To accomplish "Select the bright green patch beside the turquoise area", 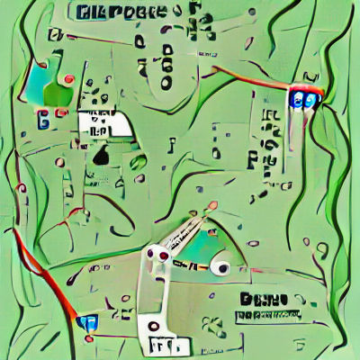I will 58,93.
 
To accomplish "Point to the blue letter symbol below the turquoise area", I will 42,116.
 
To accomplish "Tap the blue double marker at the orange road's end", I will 303,98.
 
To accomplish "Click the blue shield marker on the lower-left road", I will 86,321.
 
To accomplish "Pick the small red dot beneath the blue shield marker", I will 89,339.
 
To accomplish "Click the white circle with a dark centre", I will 220,267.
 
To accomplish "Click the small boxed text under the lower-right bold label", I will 267,315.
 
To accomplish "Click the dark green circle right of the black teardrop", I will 139,163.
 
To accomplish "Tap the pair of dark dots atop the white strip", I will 157,258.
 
